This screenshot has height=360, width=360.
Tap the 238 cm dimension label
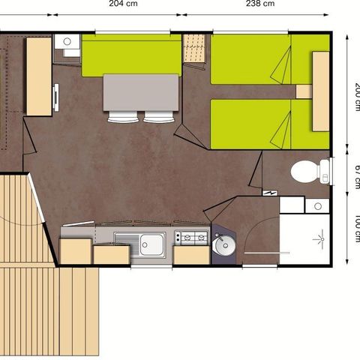[259, 4]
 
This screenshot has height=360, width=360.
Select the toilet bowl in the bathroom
[304, 171]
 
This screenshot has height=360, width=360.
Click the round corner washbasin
[223, 244]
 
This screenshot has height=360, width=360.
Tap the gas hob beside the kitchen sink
[191, 238]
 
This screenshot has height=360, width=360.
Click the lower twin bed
[259, 124]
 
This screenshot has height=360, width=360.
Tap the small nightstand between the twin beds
[304, 91]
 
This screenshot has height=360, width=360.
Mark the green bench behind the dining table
[132, 55]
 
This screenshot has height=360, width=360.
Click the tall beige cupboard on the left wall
[38, 76]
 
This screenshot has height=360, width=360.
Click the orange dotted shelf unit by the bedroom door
[194, 49]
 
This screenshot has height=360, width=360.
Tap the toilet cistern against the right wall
[325, 171]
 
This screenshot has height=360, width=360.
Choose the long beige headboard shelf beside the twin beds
[321, 91]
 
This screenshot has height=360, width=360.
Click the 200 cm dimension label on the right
[356, 94]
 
